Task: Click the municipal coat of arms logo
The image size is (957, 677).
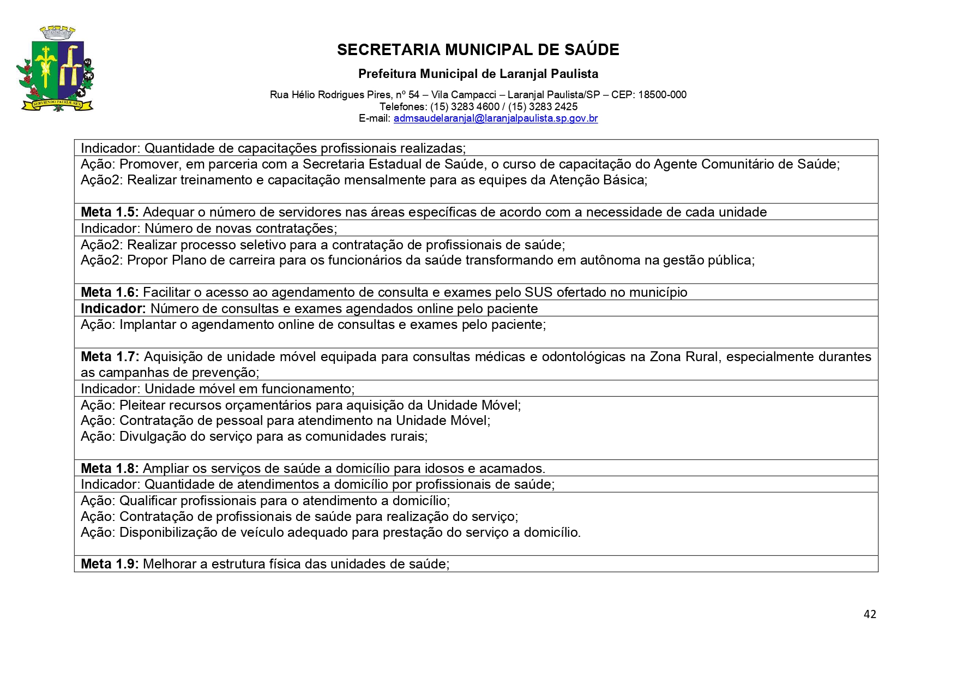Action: point(55,69)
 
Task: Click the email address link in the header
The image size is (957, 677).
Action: point(495,118)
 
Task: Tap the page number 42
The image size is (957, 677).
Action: point(870,614)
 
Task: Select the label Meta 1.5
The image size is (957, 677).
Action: point(110,212)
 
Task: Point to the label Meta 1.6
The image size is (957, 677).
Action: point(110,292)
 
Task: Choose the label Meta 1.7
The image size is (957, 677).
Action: point(110,357)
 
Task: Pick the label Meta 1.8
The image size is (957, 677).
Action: point(110,469)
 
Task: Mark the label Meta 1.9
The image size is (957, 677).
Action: point(110,564)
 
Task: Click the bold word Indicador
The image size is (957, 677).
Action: point(113,309)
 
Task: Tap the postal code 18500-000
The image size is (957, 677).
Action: point(662,95)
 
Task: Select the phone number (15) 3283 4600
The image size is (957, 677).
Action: point(465,107)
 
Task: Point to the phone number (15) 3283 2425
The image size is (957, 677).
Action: point(543,107)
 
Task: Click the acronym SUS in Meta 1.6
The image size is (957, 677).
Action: point(538,292)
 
